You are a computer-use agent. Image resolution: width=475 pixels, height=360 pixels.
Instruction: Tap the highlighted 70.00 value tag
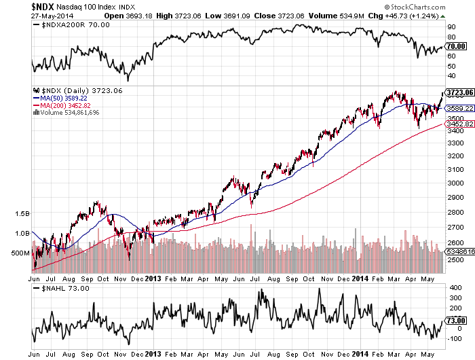(x=455, y=46)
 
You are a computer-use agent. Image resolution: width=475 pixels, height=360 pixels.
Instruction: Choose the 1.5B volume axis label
(x=23, y=213)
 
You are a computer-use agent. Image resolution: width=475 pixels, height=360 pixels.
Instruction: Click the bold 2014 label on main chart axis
(x=360, y=278)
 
